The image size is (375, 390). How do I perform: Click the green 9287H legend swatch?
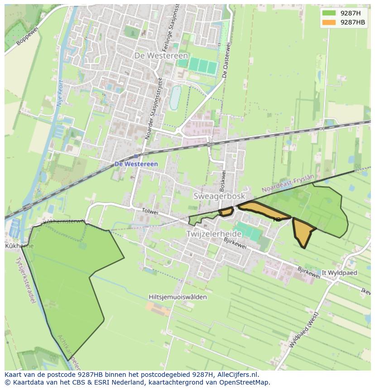pyautogui.click(x=329, y=13)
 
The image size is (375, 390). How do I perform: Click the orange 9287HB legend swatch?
pyautogui.click(x=329, y=22)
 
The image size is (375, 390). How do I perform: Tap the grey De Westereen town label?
pyautogui.click(x=161, y=55)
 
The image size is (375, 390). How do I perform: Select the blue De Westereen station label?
pyautogui.click(x=136, y=164)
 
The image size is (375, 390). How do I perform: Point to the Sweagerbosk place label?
pyautogui.click(x=219, y=196)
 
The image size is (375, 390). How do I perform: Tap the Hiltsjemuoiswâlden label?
pyautogui.click(x=178, y=297)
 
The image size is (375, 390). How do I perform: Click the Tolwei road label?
pyautogui.click(x=150, y=211)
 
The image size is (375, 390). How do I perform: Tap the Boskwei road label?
pyautogui.click(x=222, y=180)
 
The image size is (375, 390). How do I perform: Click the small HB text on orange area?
pyautogui.click(x=277, y=219)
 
